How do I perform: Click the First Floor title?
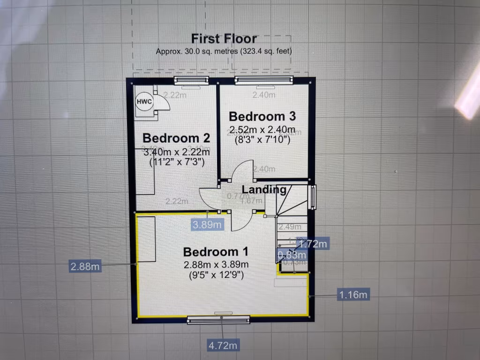[224, 39]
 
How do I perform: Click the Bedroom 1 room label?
[215, 251]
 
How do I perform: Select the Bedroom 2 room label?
[176, 138]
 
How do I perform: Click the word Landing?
[264, 190]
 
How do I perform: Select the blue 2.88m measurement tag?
[85, 266]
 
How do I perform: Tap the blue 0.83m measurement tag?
[292, 255]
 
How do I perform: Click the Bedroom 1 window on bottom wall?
[218, 320]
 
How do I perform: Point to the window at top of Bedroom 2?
[191, 81]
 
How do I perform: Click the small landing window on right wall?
[313, 197]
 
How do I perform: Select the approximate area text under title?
[227, 52]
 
